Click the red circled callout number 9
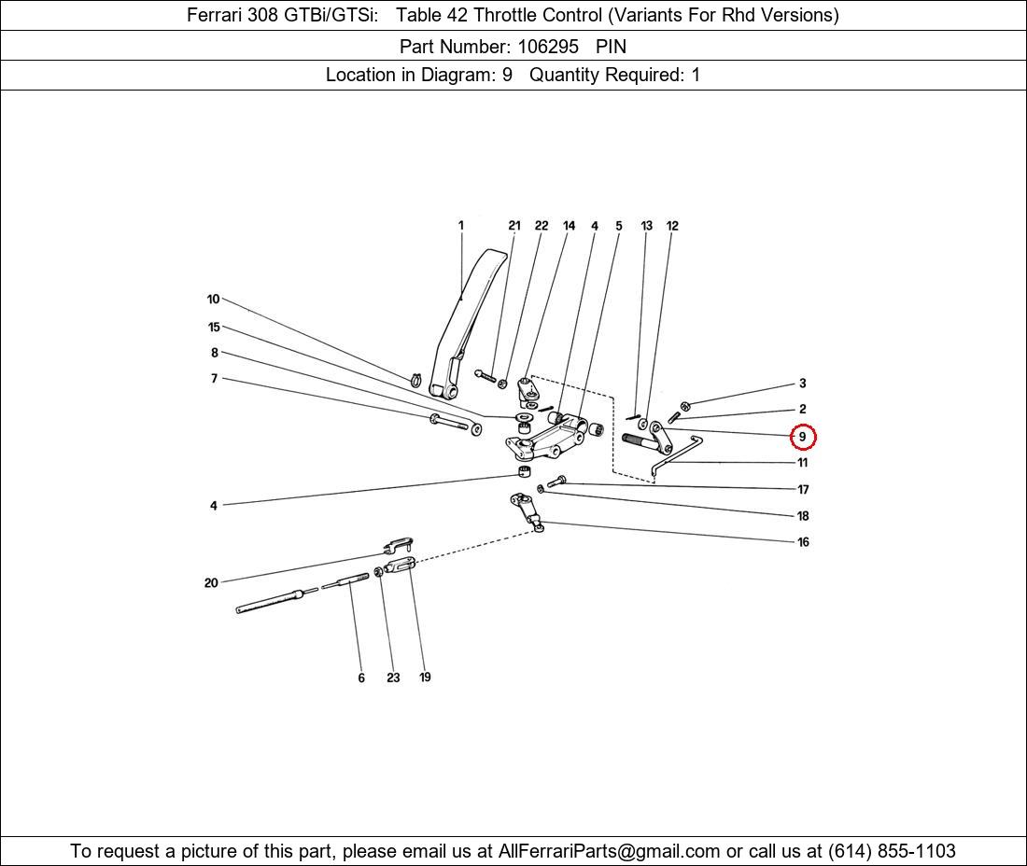pos(803,436)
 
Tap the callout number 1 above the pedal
pos(461,225)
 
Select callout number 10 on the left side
pos(213,300)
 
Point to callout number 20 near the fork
pos(211,583)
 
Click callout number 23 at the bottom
pos(393,677)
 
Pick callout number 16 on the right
pos(803,542)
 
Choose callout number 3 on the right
pos(802,384)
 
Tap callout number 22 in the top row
pos(542,226)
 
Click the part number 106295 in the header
pos(548,46)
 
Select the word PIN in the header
pos(611,46)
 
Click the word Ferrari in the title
pos(217,15)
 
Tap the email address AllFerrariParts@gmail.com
pos(609,851)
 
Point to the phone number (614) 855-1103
pos(891,851)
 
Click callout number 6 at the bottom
pos(361,677)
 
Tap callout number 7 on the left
pos(214,379)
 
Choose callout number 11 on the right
pos(803,463)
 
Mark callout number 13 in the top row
pos(646,226)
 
